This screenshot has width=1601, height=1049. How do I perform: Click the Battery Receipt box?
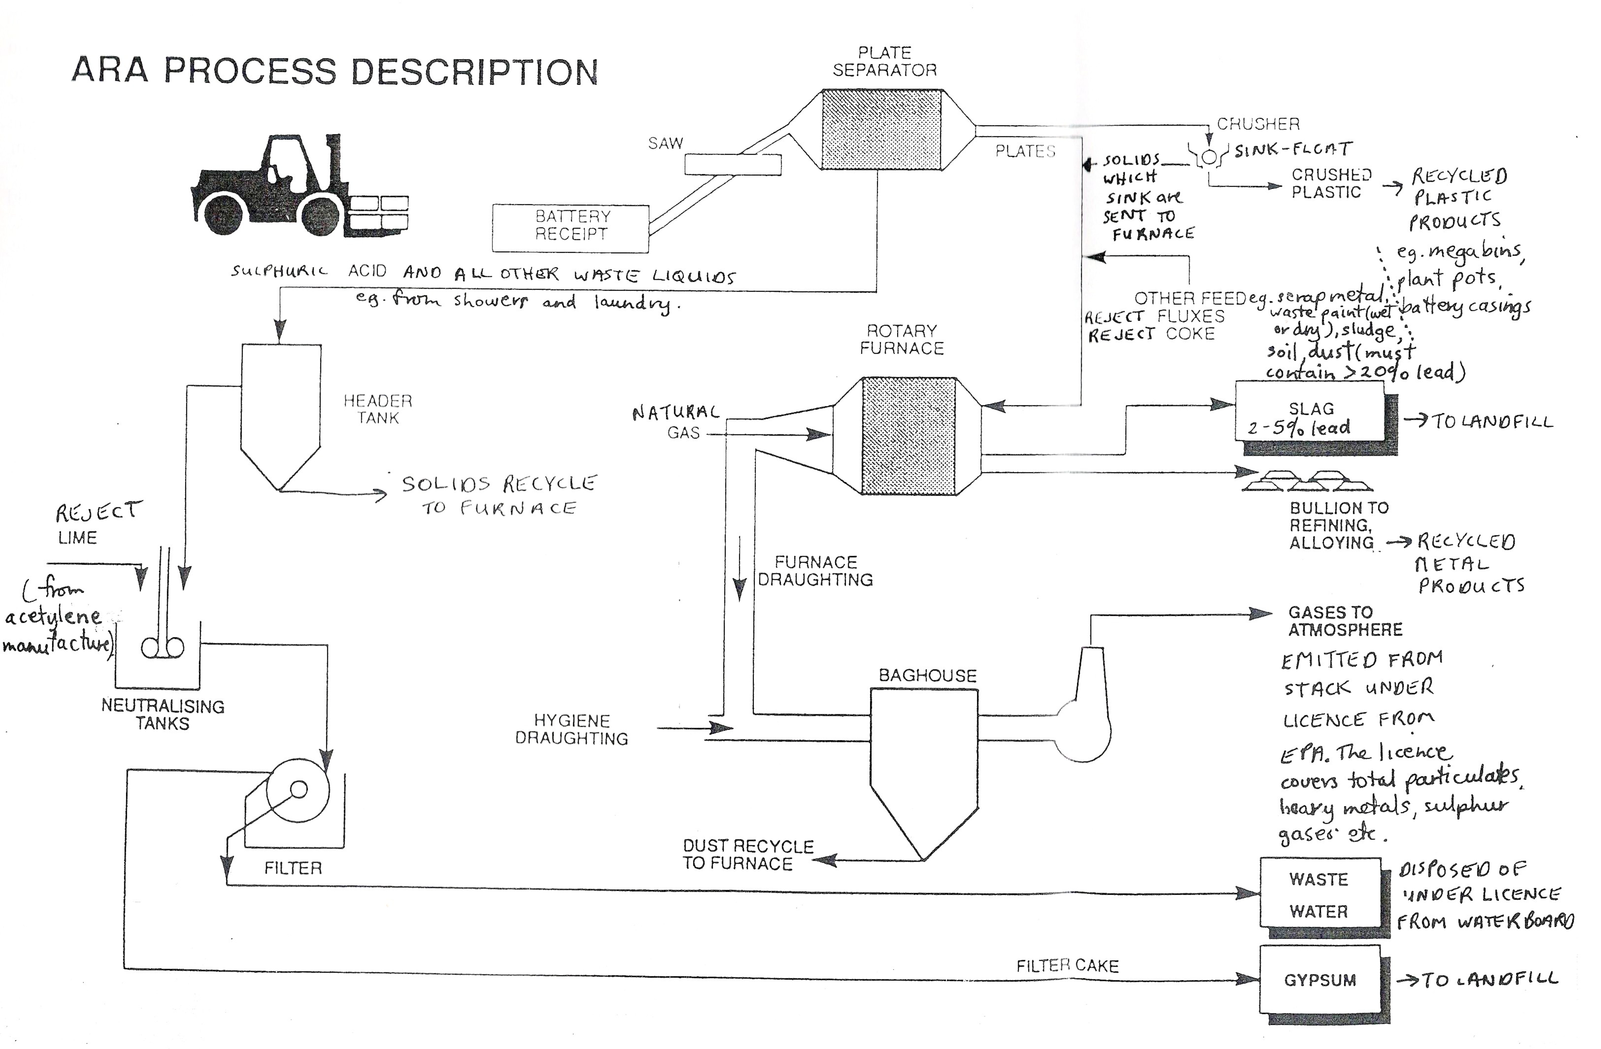click(570, 228)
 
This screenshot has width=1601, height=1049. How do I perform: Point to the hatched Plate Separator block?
click(881, 129)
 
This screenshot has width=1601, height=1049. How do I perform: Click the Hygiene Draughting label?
click(571, 729)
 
